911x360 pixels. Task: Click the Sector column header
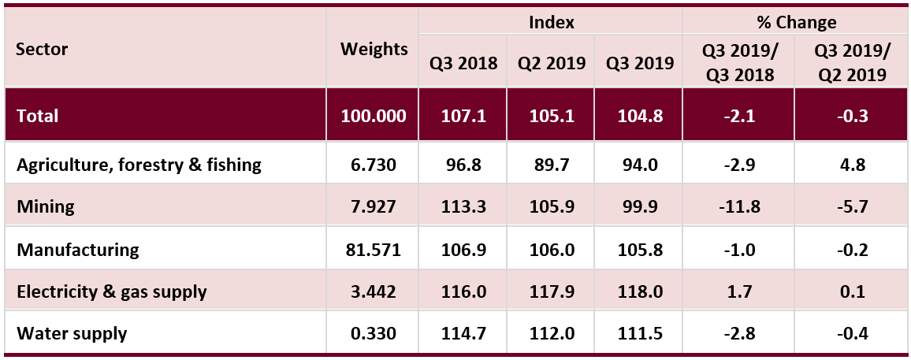(43, 50)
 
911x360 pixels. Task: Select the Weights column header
(374, 50)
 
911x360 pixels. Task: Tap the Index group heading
(551, 23)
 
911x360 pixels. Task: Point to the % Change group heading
(797, 23)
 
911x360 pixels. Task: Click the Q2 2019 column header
(551, 64)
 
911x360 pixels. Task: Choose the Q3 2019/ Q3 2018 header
(739, 64)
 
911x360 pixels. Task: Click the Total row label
(38, 116)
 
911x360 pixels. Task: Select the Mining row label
(46, 207)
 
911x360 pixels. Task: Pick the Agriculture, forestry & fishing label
(139, 165)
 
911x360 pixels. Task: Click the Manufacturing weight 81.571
(374, 250)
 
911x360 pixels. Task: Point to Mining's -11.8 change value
(739, 207)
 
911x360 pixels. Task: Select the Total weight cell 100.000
(374, 116)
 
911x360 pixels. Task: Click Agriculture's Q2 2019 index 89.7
(551, 165)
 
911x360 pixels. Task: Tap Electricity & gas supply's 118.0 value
(639, 291)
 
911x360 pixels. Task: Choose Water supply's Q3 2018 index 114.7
(463, 333)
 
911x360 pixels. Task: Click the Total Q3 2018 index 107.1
(463, 116)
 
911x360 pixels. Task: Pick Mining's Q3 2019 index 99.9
(639, 207)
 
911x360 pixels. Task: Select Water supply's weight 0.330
(374, 333)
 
